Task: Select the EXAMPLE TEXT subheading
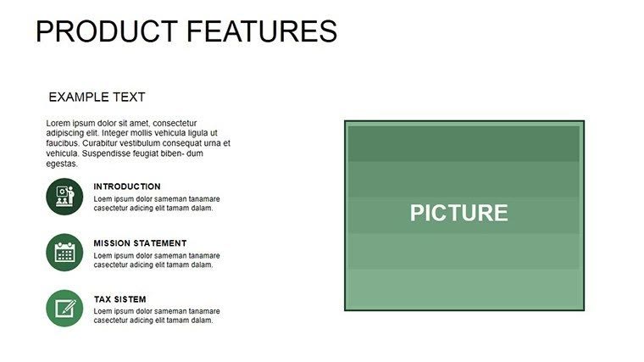click(97, 97)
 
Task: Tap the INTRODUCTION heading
click(127, 187)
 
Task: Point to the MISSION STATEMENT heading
click(140, 243)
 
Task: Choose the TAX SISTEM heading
click(119, 299)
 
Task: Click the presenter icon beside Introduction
click(64, 196)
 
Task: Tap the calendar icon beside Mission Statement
click(64, 252)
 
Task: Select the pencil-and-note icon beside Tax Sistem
click(64, 309)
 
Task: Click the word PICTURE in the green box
click(458, 213)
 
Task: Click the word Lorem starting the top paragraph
click(58, 123)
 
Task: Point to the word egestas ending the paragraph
click(62, 164)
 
